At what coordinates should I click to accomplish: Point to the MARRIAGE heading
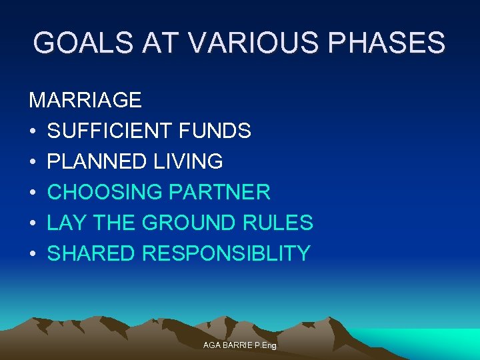point(85,100)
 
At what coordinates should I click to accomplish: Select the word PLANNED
point(97,161)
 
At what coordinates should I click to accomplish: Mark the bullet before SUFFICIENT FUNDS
point(33,131)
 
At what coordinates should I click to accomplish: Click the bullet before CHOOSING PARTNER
point(33,193)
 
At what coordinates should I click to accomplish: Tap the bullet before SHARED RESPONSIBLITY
point(33,254)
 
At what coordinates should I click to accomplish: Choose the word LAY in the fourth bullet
point(65,223)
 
